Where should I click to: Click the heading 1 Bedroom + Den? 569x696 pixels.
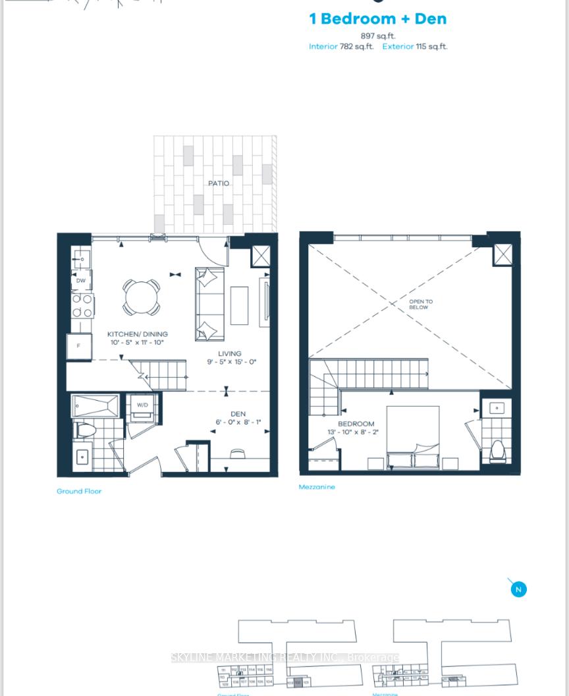[378, 18]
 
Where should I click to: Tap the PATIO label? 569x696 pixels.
[219, 183]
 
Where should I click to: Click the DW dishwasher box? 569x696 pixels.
[81, 280]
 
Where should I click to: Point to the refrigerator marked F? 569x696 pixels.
[79, 346]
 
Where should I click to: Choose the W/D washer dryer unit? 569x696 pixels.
[142, 407]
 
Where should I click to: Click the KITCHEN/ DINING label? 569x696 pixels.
[138, 334]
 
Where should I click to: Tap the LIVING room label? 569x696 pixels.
[230, 353]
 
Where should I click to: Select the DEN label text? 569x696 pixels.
[238, 414]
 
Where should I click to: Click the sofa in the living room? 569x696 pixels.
[209, 304]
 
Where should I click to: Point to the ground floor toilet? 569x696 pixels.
[86, 430]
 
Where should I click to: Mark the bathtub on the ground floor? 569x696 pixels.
[95, 406]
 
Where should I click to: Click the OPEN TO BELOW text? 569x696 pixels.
[421, 304]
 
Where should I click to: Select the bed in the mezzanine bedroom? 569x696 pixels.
[413, 436]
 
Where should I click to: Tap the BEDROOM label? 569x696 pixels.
[356, 424]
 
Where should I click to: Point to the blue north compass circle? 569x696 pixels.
[518, 589]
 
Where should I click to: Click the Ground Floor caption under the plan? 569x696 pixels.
[79, 491]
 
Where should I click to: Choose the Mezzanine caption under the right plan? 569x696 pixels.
[317, 487]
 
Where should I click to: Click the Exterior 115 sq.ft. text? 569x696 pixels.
[414, 47]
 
